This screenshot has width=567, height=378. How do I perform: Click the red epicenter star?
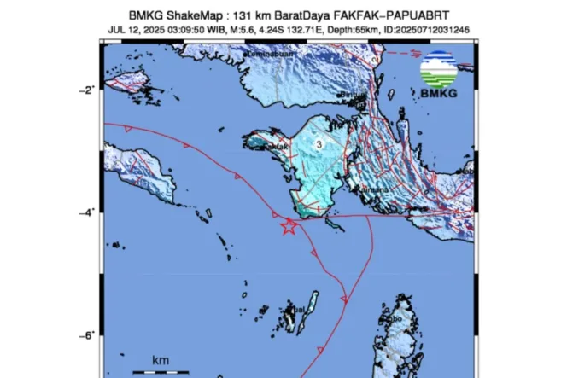point(289,227)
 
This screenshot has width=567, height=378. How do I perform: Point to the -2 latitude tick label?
point(89,90)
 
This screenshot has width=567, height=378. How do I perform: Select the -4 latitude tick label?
point(89,212)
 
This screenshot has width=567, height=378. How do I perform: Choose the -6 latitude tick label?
point(89,335)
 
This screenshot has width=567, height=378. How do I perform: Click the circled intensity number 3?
point(319,145)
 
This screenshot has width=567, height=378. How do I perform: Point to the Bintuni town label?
point(354,95)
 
